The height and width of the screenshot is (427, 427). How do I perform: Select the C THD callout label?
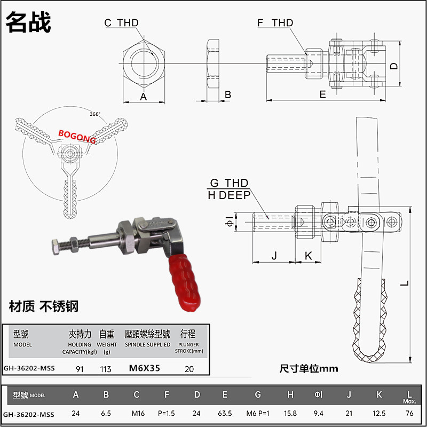point(121,22)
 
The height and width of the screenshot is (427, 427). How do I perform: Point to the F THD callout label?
point(275,22)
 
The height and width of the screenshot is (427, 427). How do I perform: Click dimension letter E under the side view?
point(322,94)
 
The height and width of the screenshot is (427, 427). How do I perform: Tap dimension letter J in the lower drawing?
point(274,256)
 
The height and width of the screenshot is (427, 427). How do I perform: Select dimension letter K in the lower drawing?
point(308,256)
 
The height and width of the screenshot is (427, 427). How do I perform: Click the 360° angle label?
point(94,114)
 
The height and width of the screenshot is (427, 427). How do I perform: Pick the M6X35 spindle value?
point(145,368)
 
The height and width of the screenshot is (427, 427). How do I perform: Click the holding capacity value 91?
point(80,368)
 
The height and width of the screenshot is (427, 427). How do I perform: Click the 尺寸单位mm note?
point(309,368)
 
